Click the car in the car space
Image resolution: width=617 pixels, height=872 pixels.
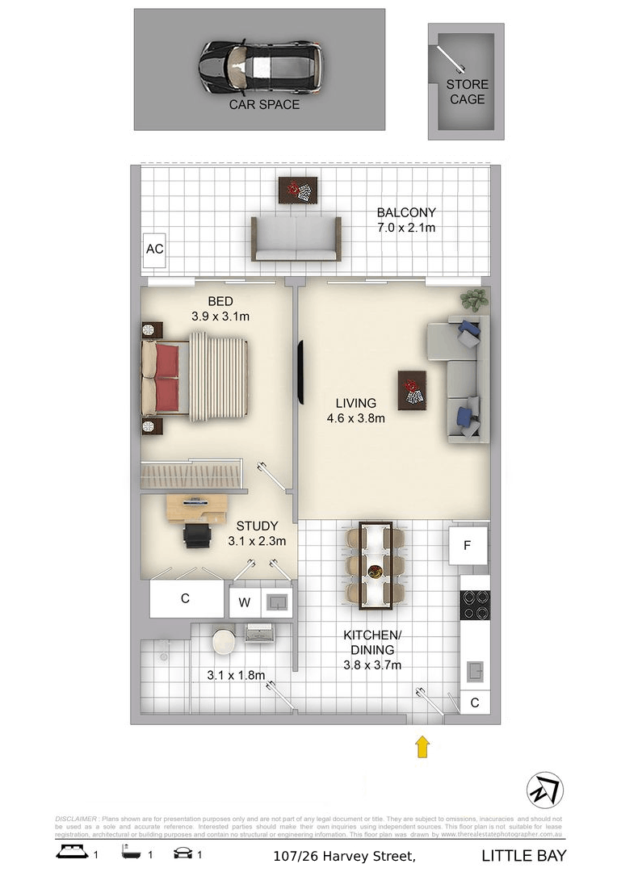[x=260, y=68]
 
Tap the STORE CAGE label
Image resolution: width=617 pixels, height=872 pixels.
[x=467, y=91]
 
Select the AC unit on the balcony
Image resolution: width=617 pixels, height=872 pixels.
[x=154, y=249]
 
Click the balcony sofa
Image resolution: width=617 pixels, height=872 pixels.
[x=295, y=239]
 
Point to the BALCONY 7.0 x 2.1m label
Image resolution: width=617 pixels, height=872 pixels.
[x=406, y=220]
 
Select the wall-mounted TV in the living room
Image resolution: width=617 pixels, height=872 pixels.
[x=300, y=372]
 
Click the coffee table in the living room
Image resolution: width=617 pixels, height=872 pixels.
[x=412, y=389]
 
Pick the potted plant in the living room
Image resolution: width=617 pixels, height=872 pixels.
[x=474, y=300]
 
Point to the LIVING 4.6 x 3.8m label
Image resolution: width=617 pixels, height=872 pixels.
[x=355, y=410]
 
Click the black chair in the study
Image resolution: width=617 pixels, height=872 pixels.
[x=196, y=535]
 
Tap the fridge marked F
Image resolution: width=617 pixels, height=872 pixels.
[x=468, y=545]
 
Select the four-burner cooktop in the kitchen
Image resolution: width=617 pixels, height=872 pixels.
[x=474, y=605]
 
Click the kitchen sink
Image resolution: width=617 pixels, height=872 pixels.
[x=474, y=669]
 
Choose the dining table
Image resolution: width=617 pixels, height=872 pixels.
[x=376, y=565]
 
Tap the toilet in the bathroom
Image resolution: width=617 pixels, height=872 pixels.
[x=222, y=642]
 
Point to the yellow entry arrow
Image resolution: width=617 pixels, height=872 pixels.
[x=422, y=746]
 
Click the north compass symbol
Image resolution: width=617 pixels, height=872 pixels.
[x=544, y=790]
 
